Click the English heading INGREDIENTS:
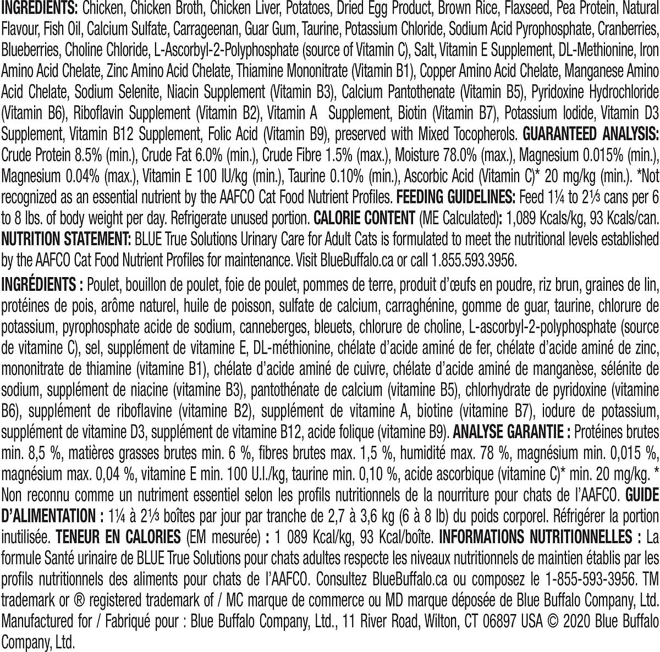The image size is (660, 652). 40,9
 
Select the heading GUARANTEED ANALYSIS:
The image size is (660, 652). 590,134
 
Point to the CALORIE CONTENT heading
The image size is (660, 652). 364,218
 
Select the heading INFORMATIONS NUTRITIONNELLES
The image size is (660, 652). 540,537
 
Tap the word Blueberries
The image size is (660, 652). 29,51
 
